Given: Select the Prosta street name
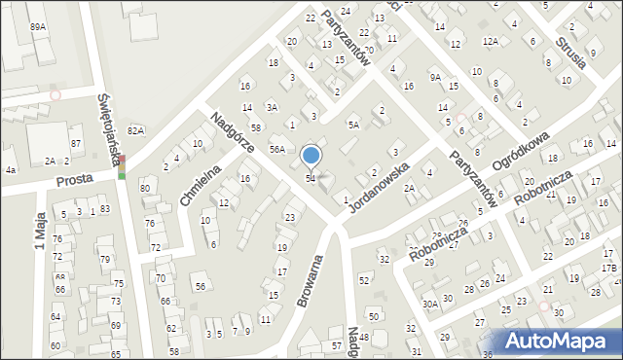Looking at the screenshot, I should click(x=73, y=181).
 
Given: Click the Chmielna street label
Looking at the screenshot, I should click(x=201, y=185).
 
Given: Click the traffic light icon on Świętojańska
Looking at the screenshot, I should click(x=122, y=167).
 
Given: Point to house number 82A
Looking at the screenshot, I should click(x=135, y=130).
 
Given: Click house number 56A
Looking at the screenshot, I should click(x=277, y=149).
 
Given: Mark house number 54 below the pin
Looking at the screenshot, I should click(x=311, y=178).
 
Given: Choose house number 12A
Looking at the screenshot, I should click(x=492, y=41).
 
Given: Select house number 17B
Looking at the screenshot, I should click(x=608, y=268).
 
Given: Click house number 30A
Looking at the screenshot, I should click(x=429, y=304).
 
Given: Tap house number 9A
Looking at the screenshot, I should click(x=435, y=77).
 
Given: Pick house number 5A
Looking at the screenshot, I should click(x=354, y=125).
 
